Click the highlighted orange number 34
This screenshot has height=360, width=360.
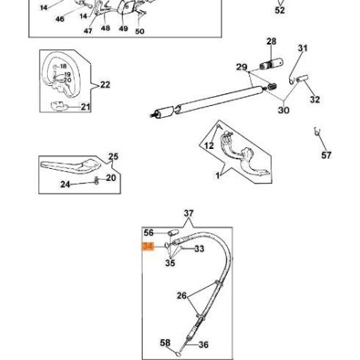[148, 246]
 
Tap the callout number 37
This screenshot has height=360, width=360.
[189, 213]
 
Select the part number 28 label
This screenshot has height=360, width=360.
[272, 41]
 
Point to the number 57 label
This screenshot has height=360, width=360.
[327, 155]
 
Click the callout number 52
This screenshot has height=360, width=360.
[280, 10]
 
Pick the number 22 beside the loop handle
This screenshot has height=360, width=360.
[105, 84]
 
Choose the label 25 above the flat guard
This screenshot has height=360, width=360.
[113, 156]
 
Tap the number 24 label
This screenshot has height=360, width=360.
[65, 184]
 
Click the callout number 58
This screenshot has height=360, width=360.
[165, 342]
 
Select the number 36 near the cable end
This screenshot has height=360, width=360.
[203, 345]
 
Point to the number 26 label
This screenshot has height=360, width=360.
[182, 295]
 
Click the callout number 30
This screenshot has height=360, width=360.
[284, 110]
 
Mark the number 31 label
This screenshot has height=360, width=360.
[303, 48]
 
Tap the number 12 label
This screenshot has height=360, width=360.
[209, 146]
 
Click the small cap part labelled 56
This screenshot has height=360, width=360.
[173, 233]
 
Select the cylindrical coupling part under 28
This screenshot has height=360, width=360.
[271, 65]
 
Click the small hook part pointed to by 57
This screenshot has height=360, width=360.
[317, 131]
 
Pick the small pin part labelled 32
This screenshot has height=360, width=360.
[303, 79]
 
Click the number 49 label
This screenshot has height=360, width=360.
[123, 29]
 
